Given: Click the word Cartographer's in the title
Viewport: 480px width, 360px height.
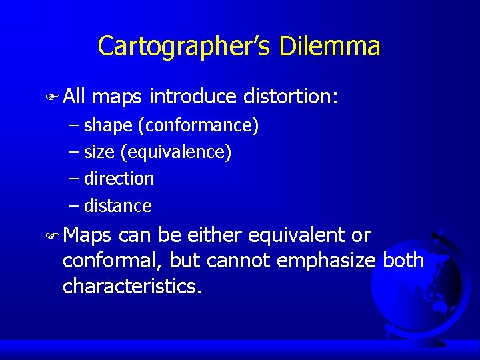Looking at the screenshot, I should pos(184,47).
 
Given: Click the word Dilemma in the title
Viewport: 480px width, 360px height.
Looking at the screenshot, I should pos(330,47).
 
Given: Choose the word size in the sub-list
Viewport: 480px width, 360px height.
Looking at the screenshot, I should pos(99,152).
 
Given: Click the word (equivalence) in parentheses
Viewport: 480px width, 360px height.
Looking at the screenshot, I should pos(176,152).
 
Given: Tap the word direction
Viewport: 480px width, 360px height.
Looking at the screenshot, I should pos(119,179).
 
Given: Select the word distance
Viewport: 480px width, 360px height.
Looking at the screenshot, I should pos(118,206).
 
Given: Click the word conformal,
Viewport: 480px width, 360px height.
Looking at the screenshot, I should pos(113,260).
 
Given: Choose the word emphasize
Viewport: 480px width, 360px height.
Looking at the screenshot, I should pos(327,260).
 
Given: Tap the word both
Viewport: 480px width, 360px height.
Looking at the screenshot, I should pos(403,260).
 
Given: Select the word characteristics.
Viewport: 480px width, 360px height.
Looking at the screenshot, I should pos(132,286).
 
